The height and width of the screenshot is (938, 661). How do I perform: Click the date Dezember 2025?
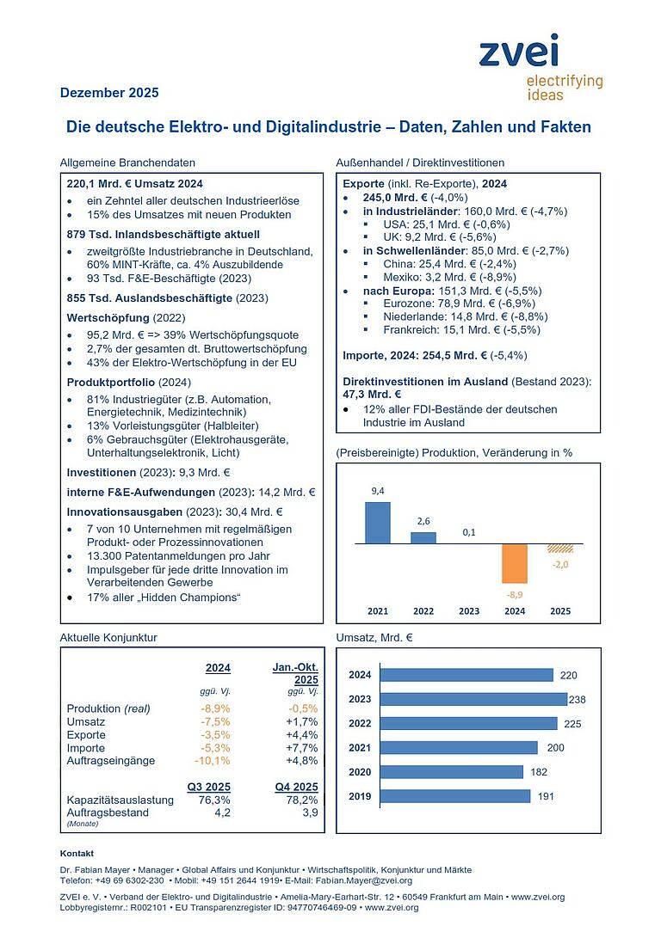(109, 93)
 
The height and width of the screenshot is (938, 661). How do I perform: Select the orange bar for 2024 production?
(515, 563)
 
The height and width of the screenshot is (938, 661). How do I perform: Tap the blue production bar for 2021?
(377, 523)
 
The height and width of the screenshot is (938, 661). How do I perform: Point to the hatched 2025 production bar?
(560, 549)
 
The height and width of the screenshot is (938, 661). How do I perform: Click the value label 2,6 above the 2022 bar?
(423, 522)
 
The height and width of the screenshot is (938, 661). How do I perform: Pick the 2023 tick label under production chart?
(469, 611)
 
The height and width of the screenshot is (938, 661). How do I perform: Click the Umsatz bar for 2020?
(451, 772)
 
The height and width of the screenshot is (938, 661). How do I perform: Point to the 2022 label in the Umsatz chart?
(360, 723)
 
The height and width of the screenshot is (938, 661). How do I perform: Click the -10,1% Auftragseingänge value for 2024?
(214, 760)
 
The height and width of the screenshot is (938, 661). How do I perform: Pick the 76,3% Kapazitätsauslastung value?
(215, 800)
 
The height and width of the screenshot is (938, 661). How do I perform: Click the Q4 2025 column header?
(295, 787)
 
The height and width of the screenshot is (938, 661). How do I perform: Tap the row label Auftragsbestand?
(108, 812)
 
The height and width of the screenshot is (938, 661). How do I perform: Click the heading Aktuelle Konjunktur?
(108, 637)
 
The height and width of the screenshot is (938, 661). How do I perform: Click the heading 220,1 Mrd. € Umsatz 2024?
(135, 183)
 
